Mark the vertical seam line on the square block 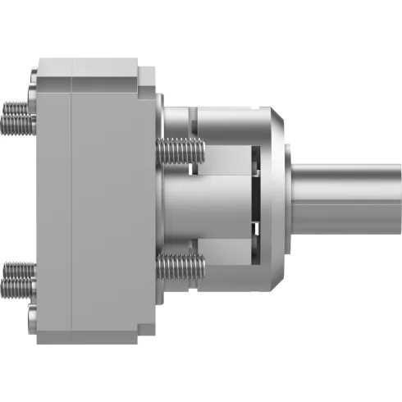coord(72,201)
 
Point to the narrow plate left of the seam coord(55,201)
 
